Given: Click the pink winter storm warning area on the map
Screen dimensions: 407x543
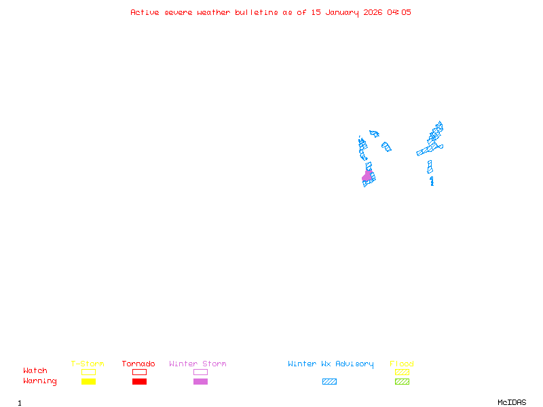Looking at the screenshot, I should pyautogui.click(x=367, y=176).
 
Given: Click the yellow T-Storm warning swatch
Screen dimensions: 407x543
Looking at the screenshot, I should pyautogui.click(x=88, y=382).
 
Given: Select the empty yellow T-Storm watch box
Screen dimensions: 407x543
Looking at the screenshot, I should pyautogui.click(x=88, y=372).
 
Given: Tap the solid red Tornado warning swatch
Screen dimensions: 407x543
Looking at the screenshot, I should pyautogui.click(x=139, y=382).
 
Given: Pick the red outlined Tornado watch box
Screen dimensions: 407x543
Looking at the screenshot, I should pyautogui.click(x=139, y=372).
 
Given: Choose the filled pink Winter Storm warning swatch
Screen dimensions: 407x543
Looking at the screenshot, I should pyautogui.click(x=200, y=382).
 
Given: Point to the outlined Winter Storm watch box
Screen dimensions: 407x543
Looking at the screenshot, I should pyautogui.click(x=200, y=372).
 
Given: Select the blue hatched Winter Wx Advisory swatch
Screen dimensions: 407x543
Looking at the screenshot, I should pyautogui.click(x=329, y=382).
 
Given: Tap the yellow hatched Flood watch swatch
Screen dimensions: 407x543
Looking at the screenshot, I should pyautogui.click(x=402, y=372).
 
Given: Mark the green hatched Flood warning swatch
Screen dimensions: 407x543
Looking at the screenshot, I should pyautogui.click(x=402, y=382).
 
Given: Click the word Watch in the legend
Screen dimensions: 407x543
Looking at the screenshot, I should pyautogui.click(x=35, y=371).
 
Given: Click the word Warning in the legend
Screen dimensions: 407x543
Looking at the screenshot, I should pyautogui.click(x=40, y=381).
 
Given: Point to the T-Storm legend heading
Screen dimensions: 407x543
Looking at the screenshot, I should pyautogui.click(x=88, y=364).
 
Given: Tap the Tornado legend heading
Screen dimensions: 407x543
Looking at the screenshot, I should pyautogui.click(x=138, y=364).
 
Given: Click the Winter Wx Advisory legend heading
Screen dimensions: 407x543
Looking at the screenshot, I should pyautogui.click(x=331, y=364).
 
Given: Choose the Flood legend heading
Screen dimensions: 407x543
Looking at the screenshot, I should pyautogui.click(x=402, y=364).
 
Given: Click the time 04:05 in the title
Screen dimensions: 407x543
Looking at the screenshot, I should pyautogui.click(x=399, y=12).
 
